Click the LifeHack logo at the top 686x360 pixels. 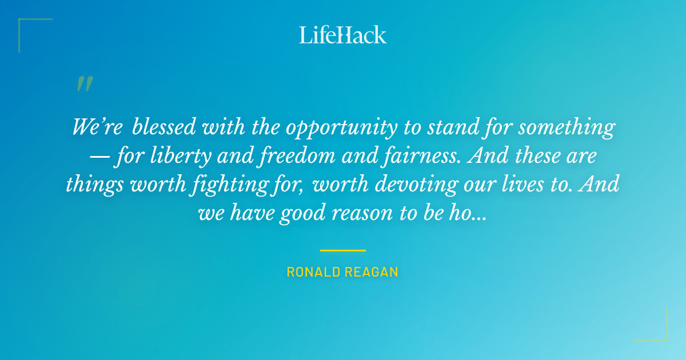(x=343, y=35)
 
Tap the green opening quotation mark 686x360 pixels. (x=84, y=85)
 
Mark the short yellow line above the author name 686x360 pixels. (x=343, y=250)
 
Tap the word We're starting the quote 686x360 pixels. (x=97, y=127)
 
